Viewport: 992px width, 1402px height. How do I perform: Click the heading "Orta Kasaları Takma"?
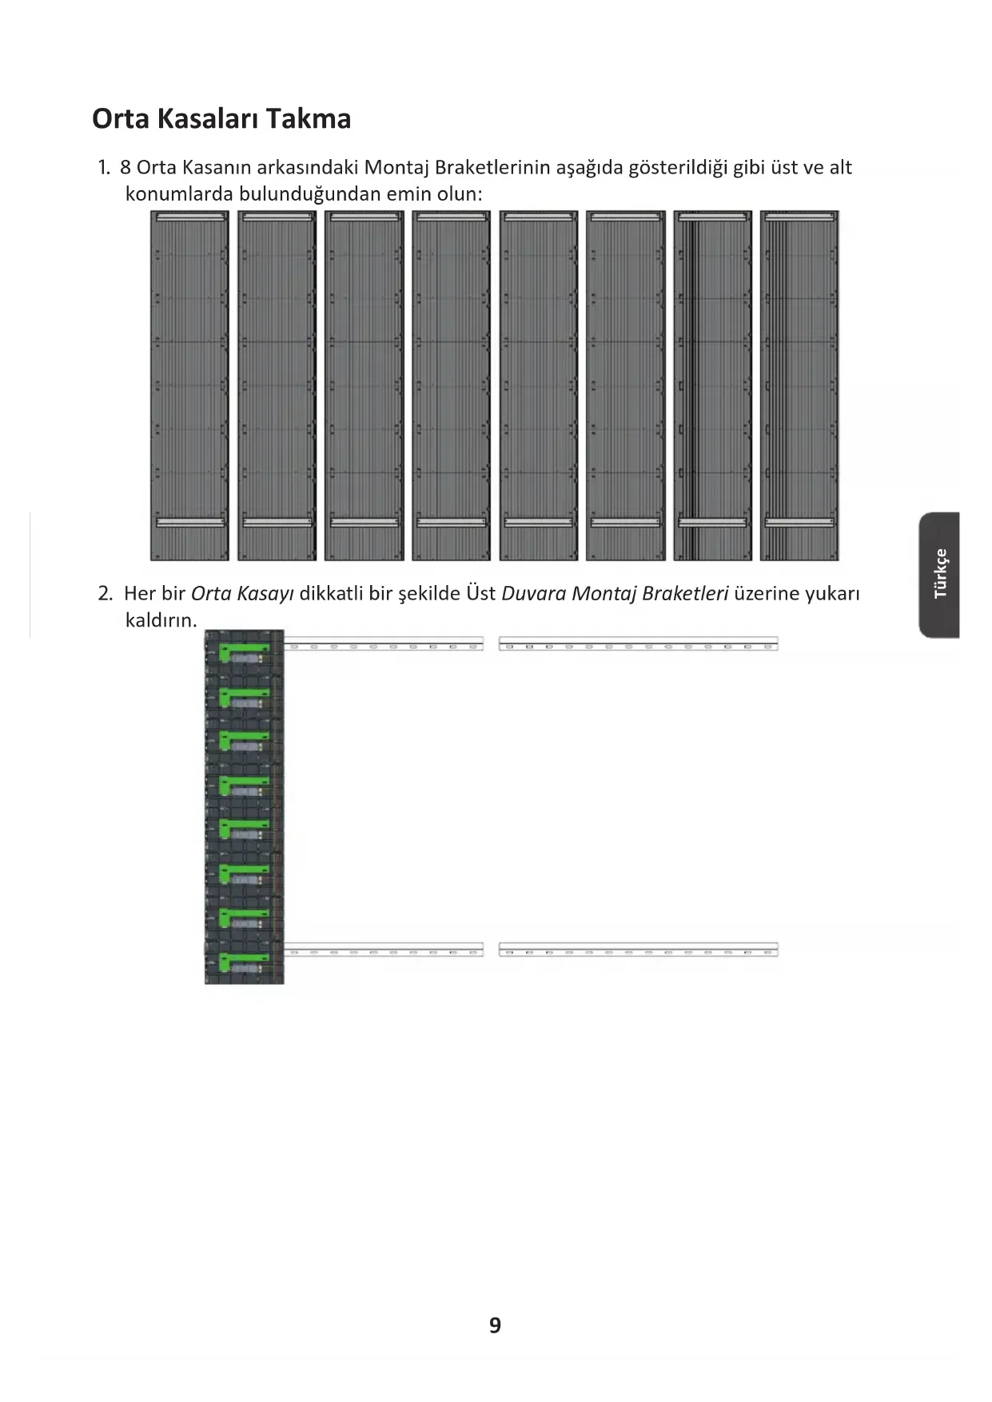click(221, 118)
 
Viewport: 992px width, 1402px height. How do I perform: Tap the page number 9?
click(495, 1325)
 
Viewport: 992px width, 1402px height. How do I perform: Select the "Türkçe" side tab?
click(940, 574)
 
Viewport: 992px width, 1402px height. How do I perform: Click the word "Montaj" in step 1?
click(396, 168)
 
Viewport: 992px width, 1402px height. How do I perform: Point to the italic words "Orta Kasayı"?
click(242, 593)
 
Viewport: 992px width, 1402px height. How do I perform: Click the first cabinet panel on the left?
click(190, 385)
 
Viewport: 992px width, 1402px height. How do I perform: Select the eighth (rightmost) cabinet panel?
click(799, 385)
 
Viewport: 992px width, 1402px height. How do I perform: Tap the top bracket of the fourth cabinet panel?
click(452, 216)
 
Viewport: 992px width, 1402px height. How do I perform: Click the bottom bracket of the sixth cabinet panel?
click(625, 523)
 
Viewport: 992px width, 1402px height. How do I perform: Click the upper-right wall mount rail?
click(638, 643)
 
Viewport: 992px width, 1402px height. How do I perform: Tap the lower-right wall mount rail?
click(638, 950)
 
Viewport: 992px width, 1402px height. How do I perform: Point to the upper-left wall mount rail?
click(384, 643)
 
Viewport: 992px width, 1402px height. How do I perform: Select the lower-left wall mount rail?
click(384, 950)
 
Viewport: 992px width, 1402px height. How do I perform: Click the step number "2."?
click(106, 593)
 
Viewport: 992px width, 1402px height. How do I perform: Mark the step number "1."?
click(104, 168)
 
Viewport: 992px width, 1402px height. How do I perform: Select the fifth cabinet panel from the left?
click(539, 385)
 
